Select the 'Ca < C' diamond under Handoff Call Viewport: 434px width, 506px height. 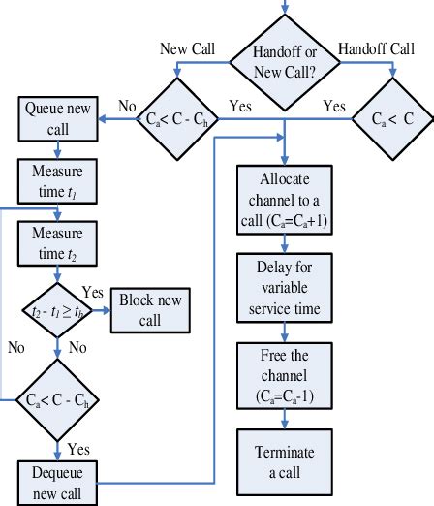[392, 120]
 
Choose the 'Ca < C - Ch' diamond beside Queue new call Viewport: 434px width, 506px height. [173, 119]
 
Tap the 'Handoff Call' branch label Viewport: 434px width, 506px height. [377, 47]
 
